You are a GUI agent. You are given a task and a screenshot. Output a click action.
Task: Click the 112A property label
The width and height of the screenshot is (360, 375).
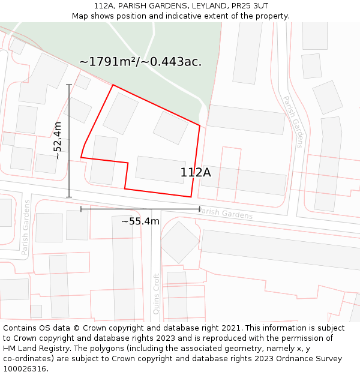[196, 173]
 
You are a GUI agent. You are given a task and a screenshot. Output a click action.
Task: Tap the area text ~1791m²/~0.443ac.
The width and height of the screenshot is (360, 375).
[140, 61]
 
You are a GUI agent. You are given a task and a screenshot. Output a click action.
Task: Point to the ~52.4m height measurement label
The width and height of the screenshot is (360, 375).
[58, 140]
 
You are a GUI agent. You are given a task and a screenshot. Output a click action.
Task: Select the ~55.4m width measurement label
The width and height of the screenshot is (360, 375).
[140, 221]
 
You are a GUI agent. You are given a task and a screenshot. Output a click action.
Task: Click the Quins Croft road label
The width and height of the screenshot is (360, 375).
[157, 294]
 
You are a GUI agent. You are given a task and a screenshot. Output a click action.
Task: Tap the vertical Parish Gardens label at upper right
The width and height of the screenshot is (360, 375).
[293, 121]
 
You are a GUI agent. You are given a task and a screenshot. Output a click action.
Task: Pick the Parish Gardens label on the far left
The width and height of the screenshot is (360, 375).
[26, 227]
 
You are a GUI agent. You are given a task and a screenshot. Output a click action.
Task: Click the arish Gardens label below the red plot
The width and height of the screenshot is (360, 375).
[225, 213]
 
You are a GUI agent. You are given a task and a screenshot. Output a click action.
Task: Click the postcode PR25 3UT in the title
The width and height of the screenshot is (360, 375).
[248, 6]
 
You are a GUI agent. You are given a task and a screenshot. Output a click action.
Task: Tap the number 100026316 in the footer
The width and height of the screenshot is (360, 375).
[26, 369]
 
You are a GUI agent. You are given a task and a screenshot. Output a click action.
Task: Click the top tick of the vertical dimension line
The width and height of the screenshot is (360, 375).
[69, 85]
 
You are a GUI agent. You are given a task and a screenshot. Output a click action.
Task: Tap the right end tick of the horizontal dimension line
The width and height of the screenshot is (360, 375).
[200, 209]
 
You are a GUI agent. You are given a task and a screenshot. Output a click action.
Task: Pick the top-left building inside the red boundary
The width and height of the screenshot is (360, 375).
[121, 113]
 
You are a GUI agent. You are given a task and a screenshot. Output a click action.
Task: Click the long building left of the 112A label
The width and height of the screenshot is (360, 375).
[160, 169]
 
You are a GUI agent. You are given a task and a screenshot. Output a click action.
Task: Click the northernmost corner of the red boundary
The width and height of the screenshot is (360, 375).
[113, 85]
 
